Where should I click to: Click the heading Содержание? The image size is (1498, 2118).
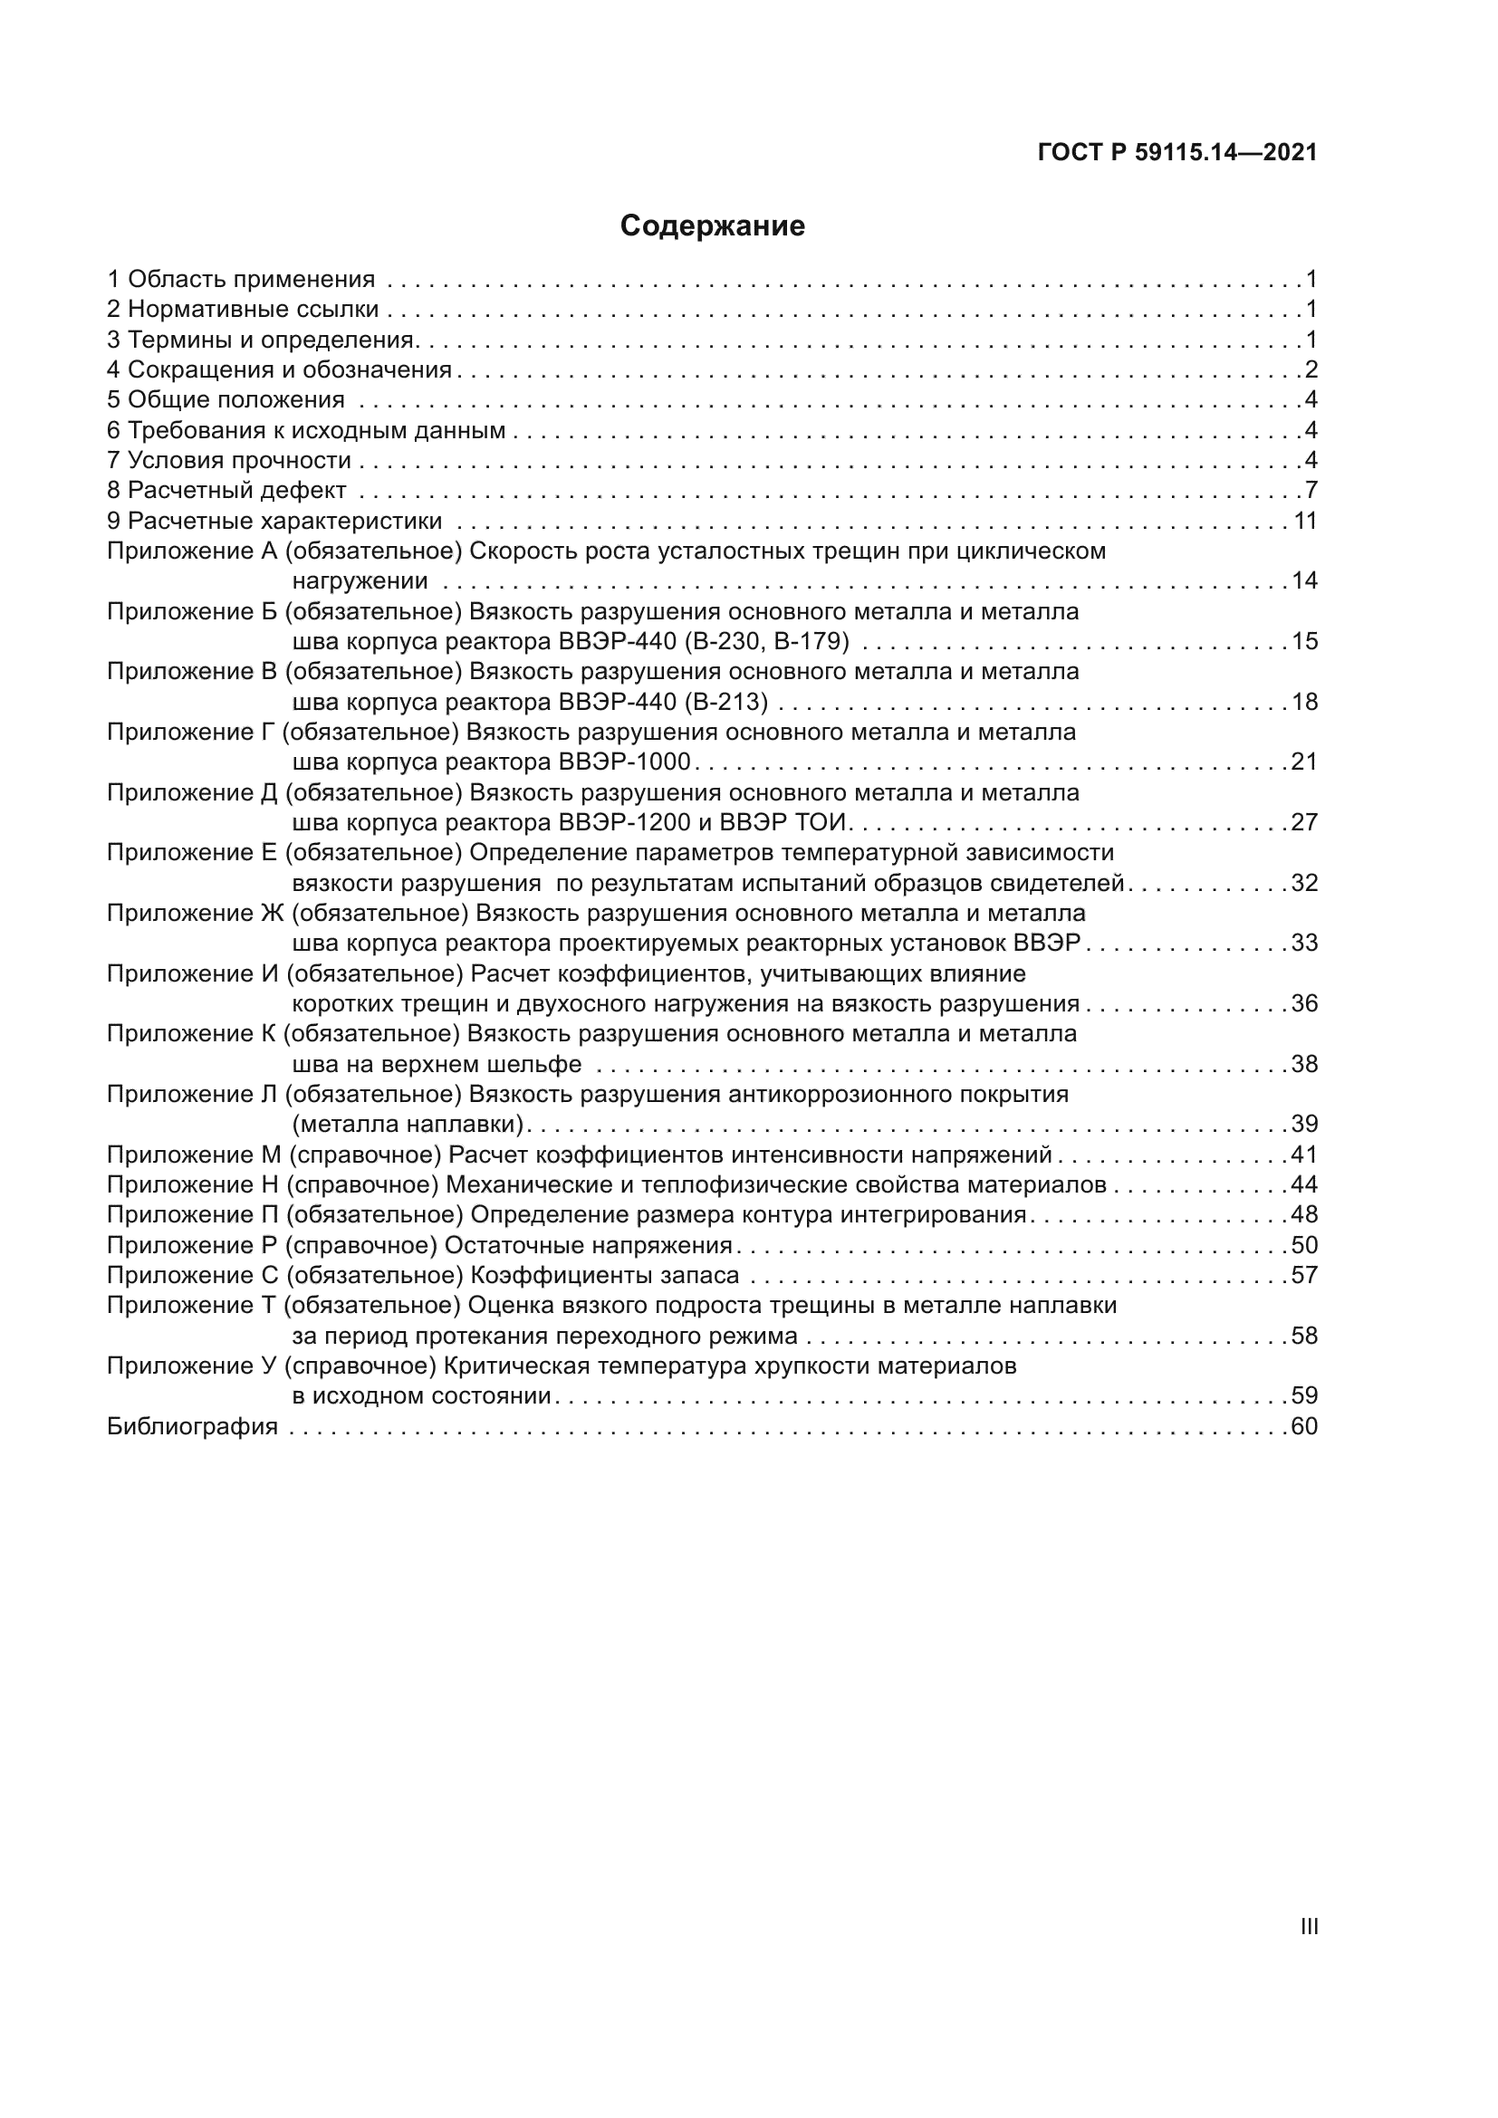click(712, 226)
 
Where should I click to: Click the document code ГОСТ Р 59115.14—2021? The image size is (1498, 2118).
click(1177, 152)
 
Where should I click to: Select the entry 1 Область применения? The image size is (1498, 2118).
click(241, 279)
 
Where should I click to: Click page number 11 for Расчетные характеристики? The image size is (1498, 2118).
click(1305, 522)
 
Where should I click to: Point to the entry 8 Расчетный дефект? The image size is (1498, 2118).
click(227, 491)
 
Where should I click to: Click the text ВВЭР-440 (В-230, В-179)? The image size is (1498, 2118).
click(704, 641)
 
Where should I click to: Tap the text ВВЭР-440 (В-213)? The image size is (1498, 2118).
click(663, 702)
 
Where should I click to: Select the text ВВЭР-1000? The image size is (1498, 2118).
click(625, 762)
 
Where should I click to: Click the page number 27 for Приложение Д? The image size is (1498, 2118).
click(1304, 823)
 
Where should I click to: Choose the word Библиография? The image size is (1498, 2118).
click(192, 1427)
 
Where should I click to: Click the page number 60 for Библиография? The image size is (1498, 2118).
click(1304, 1427)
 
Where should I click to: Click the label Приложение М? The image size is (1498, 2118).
click(194, 1155)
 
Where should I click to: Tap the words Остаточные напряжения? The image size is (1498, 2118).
click(588, 1245)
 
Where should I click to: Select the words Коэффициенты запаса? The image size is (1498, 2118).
click(605, 1276)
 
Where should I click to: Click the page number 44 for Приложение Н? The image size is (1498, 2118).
click(1304, 1185)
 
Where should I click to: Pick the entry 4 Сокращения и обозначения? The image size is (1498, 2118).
click(280, 370)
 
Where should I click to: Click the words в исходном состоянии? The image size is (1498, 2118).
click(421, 1396)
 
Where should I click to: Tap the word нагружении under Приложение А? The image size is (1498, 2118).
click(360, 581)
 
